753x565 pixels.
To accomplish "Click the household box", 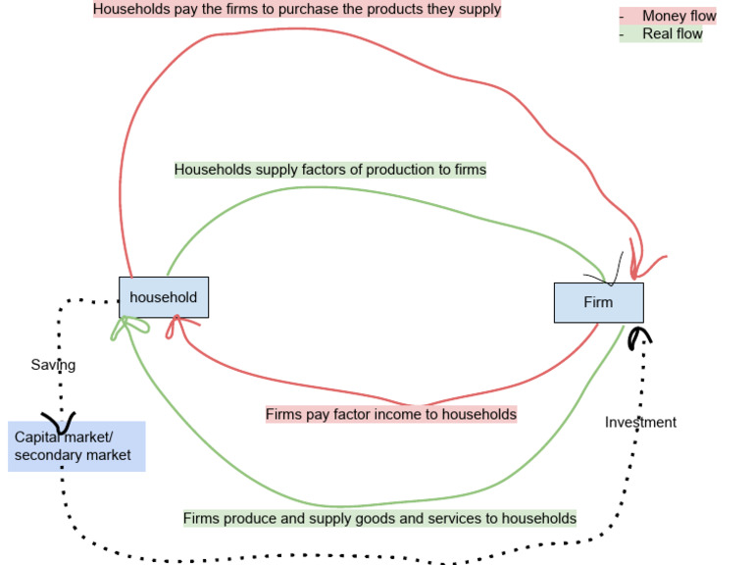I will [163, 297].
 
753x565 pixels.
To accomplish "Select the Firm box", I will [598, 302].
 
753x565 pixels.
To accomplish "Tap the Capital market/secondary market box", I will [76, 446].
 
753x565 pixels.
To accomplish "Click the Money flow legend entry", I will [678, 16].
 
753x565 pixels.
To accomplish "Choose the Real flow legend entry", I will [672, 33].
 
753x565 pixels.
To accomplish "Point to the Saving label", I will [53, 365].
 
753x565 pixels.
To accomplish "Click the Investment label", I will [640, 422].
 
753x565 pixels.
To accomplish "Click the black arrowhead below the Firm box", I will [639, 335].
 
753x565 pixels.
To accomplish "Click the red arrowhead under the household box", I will [174, 325].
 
